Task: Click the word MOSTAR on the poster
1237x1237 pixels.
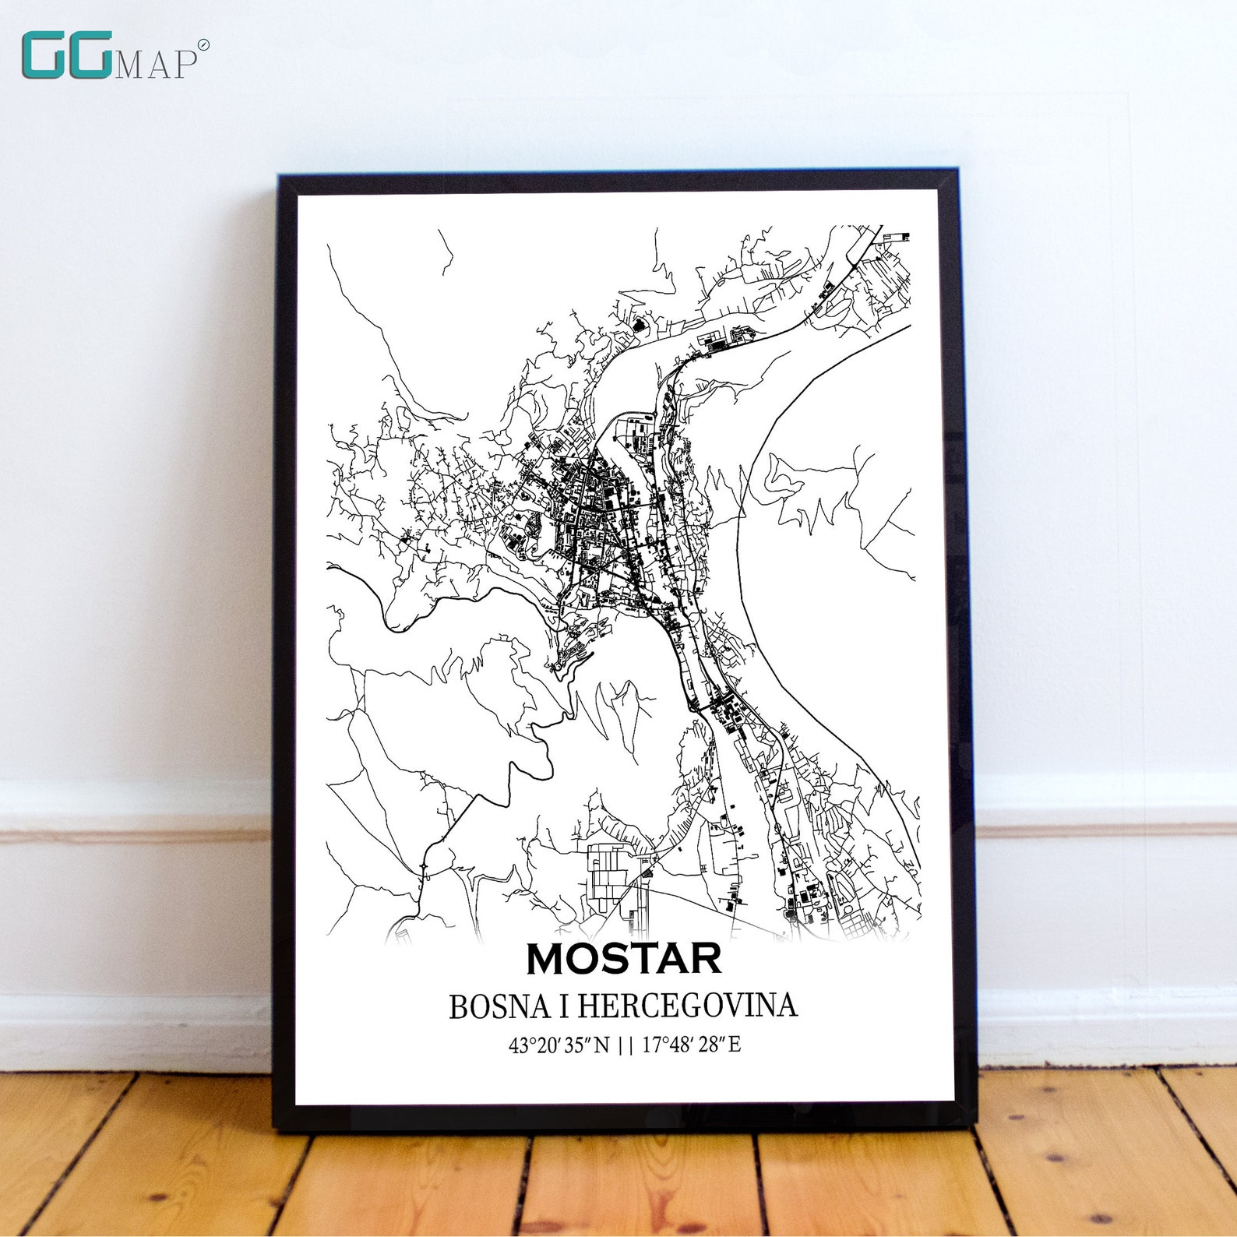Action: point(624,959)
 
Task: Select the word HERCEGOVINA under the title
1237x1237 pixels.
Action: point(688,1006)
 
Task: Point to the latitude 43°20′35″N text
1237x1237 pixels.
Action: point(559,1045)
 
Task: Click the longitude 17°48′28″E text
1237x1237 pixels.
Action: point(691,1045)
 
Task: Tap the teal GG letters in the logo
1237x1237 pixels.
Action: point(67,55)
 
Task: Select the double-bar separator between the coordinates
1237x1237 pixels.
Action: point(625,1045)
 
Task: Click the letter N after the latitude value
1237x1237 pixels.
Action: point(602,1045)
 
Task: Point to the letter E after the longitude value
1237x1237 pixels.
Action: point(735,1045)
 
